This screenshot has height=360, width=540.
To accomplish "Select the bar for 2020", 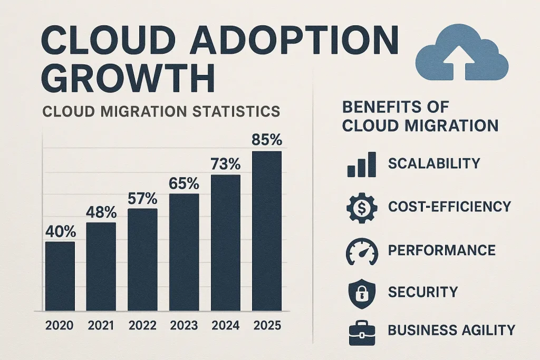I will click(x=60, y=276).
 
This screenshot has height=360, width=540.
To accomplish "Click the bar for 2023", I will click(x=184, y=252).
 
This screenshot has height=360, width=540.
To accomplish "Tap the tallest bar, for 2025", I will click(x=267, y=231).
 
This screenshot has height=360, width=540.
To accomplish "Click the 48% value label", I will click(x=101, y=212).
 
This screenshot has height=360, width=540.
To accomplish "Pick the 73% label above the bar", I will click(x=226, y=164).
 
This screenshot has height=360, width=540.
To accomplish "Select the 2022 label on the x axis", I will click(x=142, y=325).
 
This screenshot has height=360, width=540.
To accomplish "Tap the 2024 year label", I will click(x=226, y=325).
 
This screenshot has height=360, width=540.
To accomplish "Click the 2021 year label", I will click(x=101, y=325).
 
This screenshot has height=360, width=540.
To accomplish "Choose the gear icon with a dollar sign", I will click(x=361, y=207).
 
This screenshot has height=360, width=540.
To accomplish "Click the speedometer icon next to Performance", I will click(x=361, y=250).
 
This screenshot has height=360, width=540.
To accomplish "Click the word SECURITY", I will click(x=423, y=291).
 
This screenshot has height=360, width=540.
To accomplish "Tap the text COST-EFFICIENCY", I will click(x=450, y=207).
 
